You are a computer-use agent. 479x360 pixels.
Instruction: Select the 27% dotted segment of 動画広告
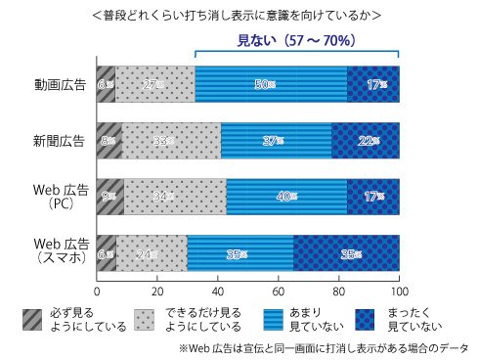(154, 84)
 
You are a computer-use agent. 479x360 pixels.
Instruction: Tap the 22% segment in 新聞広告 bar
(366, 140)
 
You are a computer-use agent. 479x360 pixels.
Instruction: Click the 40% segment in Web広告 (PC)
(286, 196)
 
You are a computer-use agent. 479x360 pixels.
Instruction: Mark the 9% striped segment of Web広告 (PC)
(110, 196)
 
